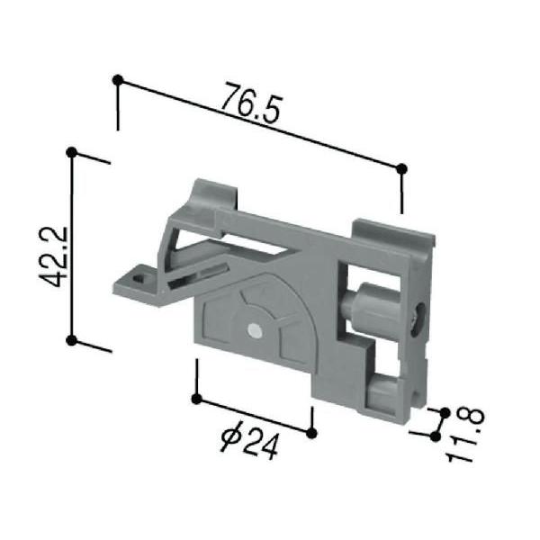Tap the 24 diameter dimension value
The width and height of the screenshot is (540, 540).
click(260, 445)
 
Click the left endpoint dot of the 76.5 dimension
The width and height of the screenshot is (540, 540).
click(117, 80)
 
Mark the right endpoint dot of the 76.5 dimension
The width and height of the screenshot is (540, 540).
click(401, 167)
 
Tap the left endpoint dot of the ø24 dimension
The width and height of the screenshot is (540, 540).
click(195, 397)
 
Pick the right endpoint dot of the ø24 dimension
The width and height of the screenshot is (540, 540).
click(311, 433)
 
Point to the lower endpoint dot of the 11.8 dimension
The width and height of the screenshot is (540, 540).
click(436, 436)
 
